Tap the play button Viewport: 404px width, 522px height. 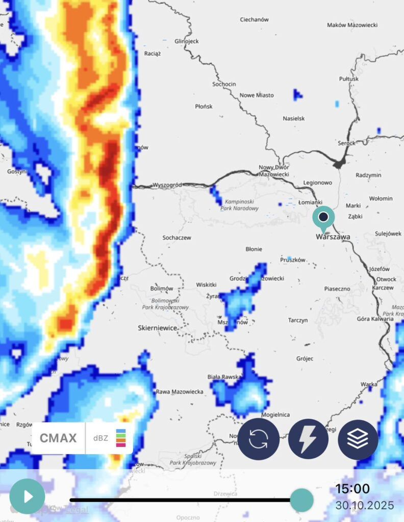pos(27,496)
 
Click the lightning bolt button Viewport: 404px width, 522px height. pos(308,439)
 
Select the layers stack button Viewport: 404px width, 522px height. pos(358,439)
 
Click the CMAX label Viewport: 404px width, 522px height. pos(58,438)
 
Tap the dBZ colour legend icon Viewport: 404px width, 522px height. pos(121,438)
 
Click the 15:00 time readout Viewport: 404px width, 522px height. pos(352,489)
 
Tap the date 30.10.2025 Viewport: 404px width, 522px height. pos(364,506)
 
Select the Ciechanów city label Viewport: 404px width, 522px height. pos(254,20)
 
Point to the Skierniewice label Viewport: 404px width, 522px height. pos(158,328)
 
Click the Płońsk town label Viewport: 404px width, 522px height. pos(204,107)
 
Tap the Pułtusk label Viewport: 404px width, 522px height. pos(349,79)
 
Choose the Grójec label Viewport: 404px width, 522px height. pos(305,358)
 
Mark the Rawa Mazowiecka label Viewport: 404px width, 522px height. pos(180,391)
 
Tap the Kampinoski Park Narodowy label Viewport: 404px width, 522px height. pos(240,205)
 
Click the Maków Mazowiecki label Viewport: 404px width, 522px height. pos(352,24)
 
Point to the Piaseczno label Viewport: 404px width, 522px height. pos(337,289)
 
